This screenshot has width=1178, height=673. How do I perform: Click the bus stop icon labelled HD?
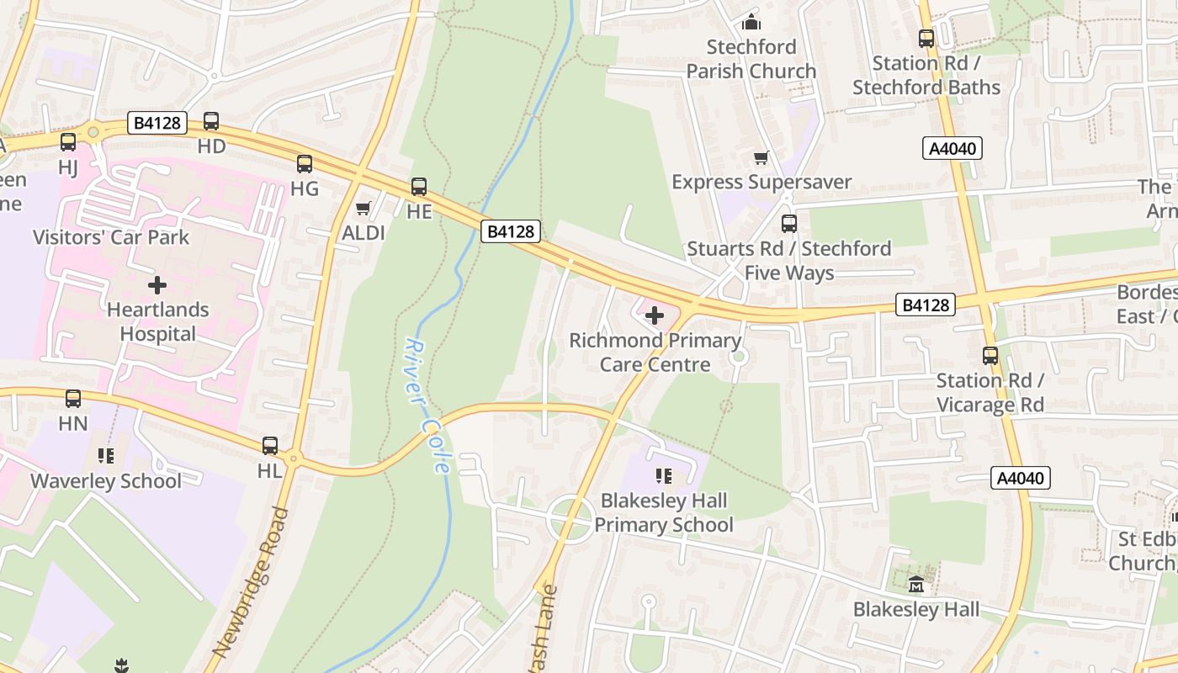[x=211, y=121]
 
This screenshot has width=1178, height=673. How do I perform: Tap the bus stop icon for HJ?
[x=68, y=142]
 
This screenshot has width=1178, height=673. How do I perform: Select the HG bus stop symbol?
[x=305, y=164]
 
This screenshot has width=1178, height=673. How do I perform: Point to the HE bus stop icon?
[x=419, y=187]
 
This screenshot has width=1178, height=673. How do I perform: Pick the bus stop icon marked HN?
[x=73, y=399]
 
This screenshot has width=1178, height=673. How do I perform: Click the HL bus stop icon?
[x=270, y=446]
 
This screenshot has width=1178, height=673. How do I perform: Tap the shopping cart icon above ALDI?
[x=363, y=208]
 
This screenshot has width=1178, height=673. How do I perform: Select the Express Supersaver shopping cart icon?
[x=761, y=157]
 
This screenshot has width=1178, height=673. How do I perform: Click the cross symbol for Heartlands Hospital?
[x=157, y=285]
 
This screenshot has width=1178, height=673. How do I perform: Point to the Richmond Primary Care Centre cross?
[x=655, y=315]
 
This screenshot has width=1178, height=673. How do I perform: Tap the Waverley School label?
[x=106, y=481]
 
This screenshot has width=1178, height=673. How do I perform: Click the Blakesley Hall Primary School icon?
[x=664, y=477]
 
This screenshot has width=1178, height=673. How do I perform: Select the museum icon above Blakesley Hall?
[x=916, y=584]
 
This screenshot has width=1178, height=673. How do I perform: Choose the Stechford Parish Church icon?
[x=751, y=22]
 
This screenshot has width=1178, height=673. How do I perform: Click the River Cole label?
[x=429, y=405]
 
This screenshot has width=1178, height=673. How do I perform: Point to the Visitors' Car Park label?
[x=111, y=237]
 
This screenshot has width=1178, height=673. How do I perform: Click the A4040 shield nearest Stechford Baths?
[x=953, y=149]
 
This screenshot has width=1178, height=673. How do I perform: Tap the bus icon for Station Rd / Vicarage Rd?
[x=990, y=356]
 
